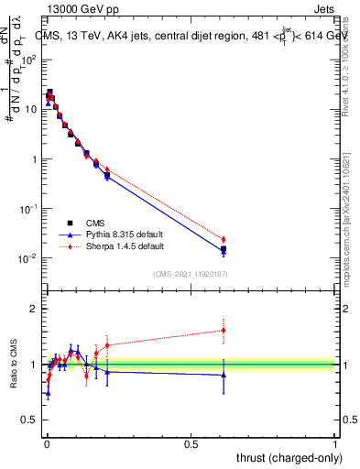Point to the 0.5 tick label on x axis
(x=191, y=443)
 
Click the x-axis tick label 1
(x=335, y=443)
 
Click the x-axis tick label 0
(x=46, y=443)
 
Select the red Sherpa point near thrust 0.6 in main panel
(x=224, y=240)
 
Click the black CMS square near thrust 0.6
(x=224, y=248)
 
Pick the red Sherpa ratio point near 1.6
(x=224, y=331)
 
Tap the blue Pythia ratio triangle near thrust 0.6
(x=224, y=374)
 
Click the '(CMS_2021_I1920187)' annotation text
(x=190, y=273)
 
